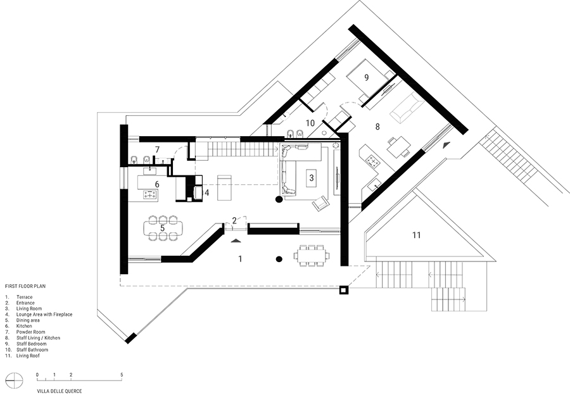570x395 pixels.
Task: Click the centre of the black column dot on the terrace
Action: pyautogui.click(x=279, y=259)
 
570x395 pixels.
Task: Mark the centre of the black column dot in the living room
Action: pyautogui.click(x=279, y=199)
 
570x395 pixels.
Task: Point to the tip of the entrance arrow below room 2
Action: pyautogui.click(x=236, y=239)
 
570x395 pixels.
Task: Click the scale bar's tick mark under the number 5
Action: pyautogui.click(x=122, y=379)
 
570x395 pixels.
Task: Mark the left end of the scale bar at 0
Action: pyautogui.click(x=37, y=380)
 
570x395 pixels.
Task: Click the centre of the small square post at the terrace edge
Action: pyautogui.click(x=343, y=290)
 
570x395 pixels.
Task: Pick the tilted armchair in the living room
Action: pyautogui.click(x=320, y=203)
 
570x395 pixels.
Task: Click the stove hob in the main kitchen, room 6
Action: pyautogui.click(x=149, y=195)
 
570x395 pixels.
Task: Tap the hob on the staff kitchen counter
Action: pyautogui.click(x=372, y=160)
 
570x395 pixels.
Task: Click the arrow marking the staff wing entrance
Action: pyautogui.click(x=446, y=144)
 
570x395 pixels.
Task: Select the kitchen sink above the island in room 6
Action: pyautogui.click(x=149, y=170)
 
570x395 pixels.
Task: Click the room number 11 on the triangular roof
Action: pyautogui.click(x=417, y=235)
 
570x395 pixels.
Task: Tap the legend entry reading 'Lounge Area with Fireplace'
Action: pyautogui.click(x=44, y=315)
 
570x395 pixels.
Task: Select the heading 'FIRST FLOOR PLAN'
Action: pyautogui.click(x=25, y=286)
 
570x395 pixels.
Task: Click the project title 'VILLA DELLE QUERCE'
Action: pyautogui.click(x=60, y=391)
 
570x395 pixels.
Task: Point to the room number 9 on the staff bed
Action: pyautogui.click(x=367, y=77)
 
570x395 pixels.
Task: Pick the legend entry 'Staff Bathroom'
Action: pyautogui.click(x=32, y=349)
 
